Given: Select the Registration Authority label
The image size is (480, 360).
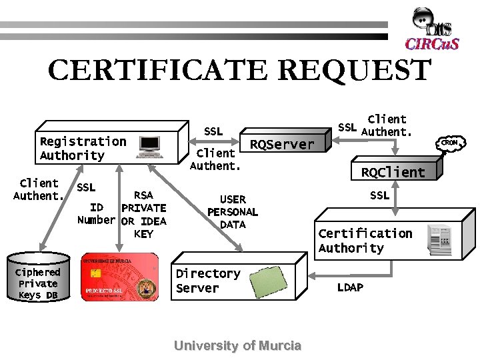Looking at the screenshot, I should (x=83, y=148).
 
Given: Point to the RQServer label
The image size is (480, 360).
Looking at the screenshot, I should (x=281, y=145).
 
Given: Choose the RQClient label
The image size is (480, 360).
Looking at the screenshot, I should (x=393, y=172).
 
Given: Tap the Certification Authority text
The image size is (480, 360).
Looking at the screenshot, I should (x=365, y=241).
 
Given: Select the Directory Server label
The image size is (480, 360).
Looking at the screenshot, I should (x=207, y=281).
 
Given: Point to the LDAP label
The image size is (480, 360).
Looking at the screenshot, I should (x=350, y=287).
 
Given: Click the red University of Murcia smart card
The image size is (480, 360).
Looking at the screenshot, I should (x=120, y=277).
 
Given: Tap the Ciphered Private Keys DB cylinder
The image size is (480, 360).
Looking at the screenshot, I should (x=38, y=277).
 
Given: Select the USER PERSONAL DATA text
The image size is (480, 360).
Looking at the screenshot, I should (x=233, y=212).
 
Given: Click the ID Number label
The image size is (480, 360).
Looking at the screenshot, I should (x=96, y=214).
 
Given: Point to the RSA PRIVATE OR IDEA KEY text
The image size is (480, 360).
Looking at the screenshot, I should (x=143, y=215).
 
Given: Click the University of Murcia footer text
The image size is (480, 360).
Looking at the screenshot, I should (x=237, y=345).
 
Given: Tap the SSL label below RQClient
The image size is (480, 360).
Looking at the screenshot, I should (x=379, y=195).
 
